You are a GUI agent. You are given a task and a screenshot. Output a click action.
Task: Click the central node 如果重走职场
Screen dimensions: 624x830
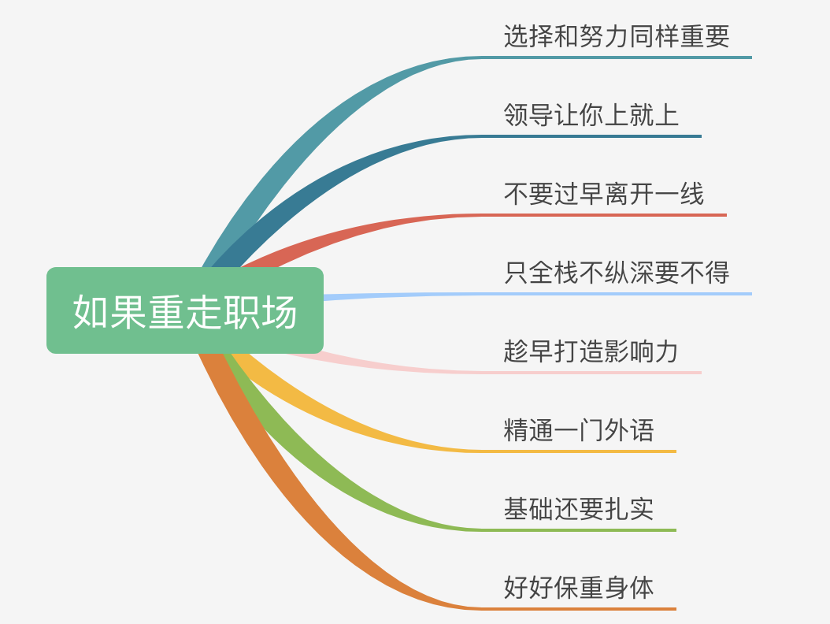(x=185, y=310)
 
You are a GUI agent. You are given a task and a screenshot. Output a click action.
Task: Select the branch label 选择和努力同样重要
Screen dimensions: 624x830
(x=617, y=36)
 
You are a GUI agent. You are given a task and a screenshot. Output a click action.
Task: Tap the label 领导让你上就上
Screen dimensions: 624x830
(x=591, y=115)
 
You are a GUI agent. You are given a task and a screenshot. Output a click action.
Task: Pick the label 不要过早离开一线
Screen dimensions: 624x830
(x=604, y=194)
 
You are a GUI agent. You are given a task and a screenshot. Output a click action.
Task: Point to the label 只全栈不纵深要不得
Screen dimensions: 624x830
(x=617, y=273)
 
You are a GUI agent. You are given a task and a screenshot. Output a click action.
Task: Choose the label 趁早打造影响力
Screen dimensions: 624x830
(x=591, y=351)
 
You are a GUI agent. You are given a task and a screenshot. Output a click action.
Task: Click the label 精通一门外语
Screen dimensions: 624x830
(x=579, y=430)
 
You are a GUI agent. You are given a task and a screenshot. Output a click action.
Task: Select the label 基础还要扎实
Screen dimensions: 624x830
(x=579, y=509)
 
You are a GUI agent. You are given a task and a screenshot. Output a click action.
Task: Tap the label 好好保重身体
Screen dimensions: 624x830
(x=579, y=588)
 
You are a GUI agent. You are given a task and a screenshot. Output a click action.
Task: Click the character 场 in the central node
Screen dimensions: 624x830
(x=280, y=311)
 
